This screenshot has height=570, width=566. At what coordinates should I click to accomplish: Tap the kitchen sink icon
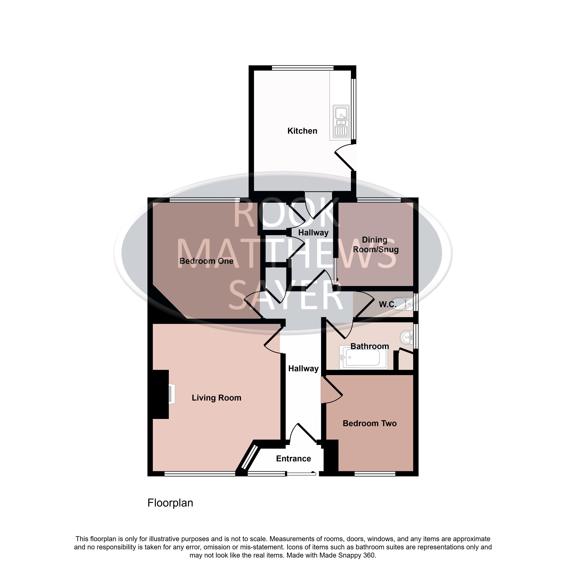pyautogui.click(x=341, y=121)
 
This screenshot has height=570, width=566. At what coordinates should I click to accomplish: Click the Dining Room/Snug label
pyautogui.click(x=375, y=245)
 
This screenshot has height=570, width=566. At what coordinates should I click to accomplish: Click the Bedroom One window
pyautogui.click(x=205, y=200)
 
